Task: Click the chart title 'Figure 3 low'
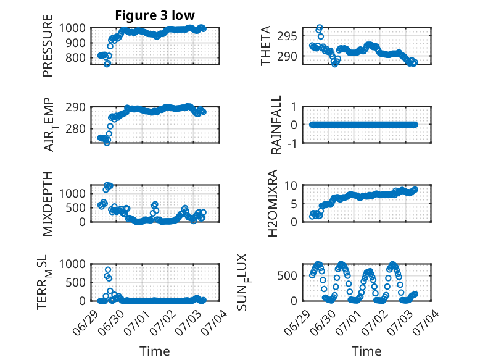155,15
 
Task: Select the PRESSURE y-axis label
48,46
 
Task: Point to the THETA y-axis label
266,46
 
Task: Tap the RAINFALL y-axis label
276,125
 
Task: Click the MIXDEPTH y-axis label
48,203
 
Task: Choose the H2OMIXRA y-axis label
272,203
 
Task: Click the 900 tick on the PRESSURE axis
75,43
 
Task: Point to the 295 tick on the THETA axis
287,36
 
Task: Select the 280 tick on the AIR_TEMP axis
75,128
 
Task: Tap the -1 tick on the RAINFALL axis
292,143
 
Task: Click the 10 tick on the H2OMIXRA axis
291,185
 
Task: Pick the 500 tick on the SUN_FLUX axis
287,276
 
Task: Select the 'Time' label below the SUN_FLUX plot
366,351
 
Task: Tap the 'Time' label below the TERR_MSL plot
155,351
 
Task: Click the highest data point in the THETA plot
320,27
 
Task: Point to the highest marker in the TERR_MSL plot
108,270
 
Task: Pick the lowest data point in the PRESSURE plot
107,64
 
